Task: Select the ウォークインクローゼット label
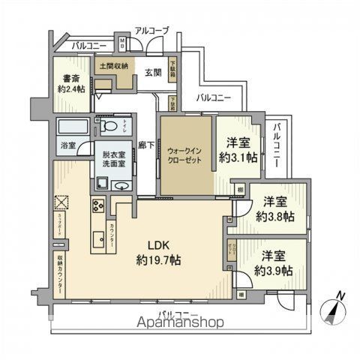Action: tap(184, 154)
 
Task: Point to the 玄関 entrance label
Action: tap(152, 72)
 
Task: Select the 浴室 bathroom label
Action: tap(67, 145)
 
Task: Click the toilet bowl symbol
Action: tap(109, 126)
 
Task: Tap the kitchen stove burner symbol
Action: tap(98, 205)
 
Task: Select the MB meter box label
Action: tap(122, 42)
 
